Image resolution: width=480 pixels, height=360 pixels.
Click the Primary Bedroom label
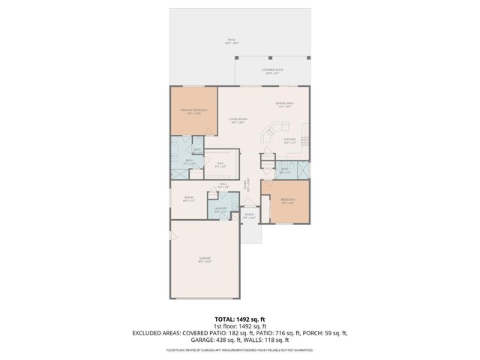click(193, 112)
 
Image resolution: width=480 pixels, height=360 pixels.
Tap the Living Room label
click(239, 121)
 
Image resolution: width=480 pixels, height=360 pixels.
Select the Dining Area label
click(283, 105)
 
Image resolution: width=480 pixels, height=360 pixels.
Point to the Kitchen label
click(290, 140)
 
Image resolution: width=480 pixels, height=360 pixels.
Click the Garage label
click(204, 259)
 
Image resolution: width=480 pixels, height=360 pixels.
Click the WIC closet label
click(221, 166)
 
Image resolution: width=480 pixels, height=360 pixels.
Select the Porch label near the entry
click(249, 216)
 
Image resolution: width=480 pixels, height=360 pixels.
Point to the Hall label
click(223, 185)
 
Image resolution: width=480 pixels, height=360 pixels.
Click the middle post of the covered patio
click(270, 58)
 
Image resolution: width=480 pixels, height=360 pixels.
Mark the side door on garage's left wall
click(172, 237)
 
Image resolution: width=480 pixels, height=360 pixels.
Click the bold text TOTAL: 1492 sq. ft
click(239, 319)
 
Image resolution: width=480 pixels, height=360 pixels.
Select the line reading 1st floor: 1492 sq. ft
click(239, 325)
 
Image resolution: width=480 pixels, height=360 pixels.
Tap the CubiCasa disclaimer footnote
click(239, 349)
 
